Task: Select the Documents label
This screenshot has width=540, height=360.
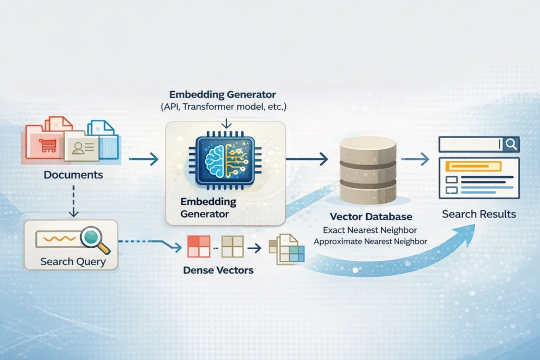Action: (x=73, y=174)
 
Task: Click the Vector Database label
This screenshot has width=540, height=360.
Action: (x=371, y=217)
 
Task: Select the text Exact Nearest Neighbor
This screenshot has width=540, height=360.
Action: (x=370, y=230)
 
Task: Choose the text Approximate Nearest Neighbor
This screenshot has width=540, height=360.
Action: (x=370, y=241)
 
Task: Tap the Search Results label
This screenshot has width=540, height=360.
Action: (x=479, y=214)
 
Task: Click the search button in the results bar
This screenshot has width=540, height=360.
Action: (x=510, y=143)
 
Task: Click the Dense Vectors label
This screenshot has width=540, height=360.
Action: (x=218, y=270)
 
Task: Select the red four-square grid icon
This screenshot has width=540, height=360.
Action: (x=199, y=246)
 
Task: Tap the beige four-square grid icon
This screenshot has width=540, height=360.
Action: (x=232, y=246)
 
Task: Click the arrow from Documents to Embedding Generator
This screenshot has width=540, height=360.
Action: (x=143, y=158)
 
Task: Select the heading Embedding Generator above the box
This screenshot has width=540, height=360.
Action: (x=223, y=95)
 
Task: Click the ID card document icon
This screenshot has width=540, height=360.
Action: (x=82, y=147)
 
